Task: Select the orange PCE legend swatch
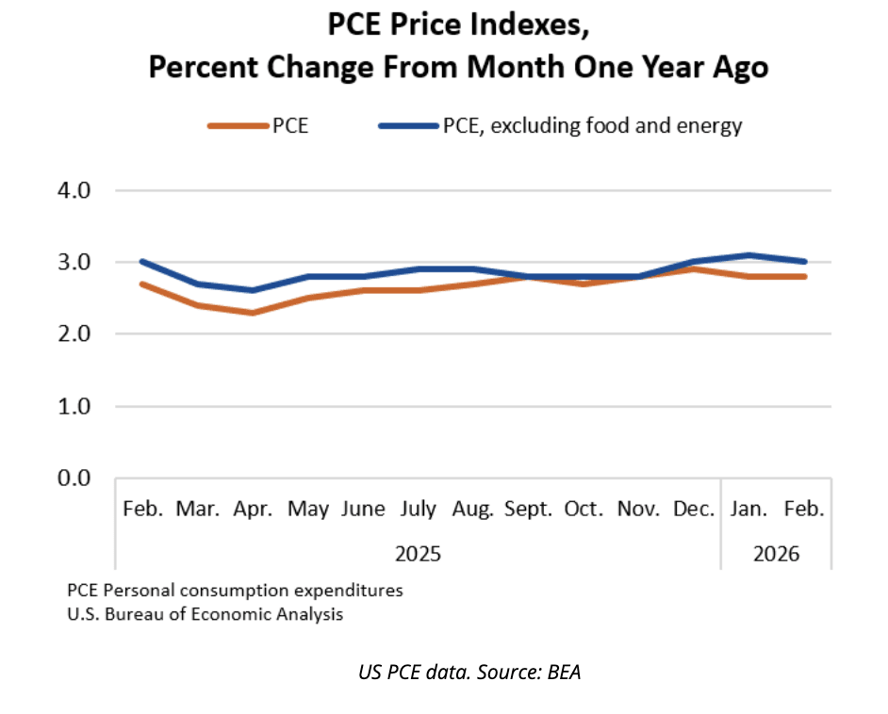pyautogui.click(x=236, y=126)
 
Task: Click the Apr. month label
pyautogui.click(x=252, y=510)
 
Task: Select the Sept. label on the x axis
pyautogui.click(x=529, y=510)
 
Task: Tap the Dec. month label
pyautogui.click(x=693, y=510)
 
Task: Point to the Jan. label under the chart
pyautogui.click(x=750, y=510)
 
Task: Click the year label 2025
pyautogui.click(x=418, y=553)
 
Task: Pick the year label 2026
pyautogui.click(x=776, y=553)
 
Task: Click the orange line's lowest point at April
pyautogui.click(x=252, y=312)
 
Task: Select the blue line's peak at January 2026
pyautogui.click(x=750, y=254)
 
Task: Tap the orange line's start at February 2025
pyautogui.click(x=141, y=284)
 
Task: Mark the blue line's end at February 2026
pyautogui.click(x=805, y=262)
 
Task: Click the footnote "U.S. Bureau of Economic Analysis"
pyautogui.click(x=205, y=615)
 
